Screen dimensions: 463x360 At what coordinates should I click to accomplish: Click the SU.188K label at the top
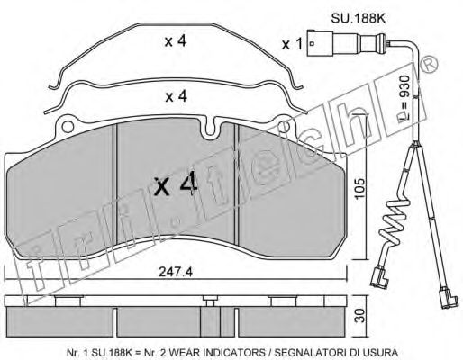point(358,19)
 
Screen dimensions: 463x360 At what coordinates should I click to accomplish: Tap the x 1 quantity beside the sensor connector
point(292,45)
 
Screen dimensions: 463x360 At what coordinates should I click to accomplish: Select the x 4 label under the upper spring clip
point(176,41)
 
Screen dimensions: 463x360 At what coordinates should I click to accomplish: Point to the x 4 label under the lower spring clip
point(177,97)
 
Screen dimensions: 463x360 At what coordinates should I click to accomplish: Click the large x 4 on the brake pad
point(176,185)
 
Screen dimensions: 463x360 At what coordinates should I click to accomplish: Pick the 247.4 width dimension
point(176,272)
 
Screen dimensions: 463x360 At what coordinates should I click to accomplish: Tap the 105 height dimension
point(359,189)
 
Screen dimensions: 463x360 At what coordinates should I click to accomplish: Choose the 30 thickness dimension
point(360,316)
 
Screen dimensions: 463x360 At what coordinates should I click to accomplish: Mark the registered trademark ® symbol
point(429,65)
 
